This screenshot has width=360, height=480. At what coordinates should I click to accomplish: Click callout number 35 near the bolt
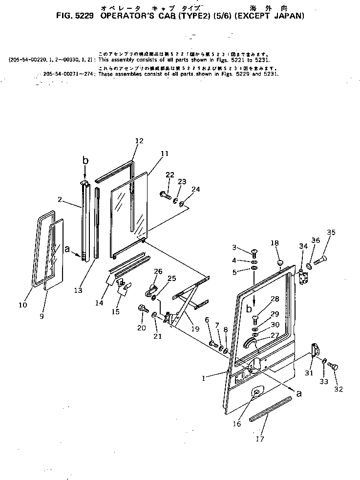[x=331, y=232]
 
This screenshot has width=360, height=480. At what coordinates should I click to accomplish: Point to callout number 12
[x=139, y=141]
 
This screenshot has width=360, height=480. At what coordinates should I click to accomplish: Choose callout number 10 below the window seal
[x=22, y=305]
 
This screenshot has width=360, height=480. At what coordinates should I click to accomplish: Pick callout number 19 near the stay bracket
[x=195, y=329]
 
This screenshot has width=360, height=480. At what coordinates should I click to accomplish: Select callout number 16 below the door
[x=237, y=424]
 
